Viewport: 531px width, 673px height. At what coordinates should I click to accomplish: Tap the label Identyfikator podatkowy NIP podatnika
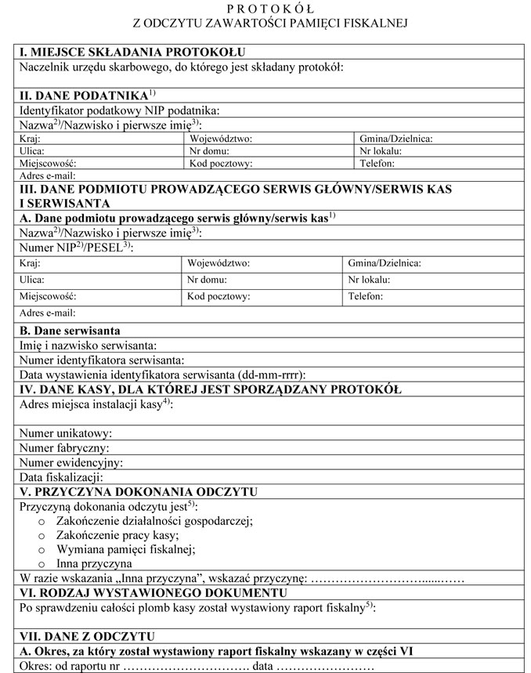(119, 110)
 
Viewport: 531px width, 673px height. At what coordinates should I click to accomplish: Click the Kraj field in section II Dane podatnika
(29, 139)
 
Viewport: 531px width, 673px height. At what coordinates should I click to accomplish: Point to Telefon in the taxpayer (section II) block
(377, 164)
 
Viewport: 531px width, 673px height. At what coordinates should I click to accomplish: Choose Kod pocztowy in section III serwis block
(219, 297)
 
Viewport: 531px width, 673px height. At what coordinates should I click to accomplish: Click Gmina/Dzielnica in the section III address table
(385, 263)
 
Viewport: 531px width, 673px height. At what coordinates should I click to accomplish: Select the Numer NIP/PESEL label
(75, 247)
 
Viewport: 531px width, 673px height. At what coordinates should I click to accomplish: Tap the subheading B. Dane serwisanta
(69, 331)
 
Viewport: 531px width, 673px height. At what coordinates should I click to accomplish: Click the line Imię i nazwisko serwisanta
(89, 346)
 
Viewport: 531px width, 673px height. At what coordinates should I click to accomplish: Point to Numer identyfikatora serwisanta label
(102, 360)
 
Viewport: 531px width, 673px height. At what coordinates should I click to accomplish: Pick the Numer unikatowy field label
(66, 433)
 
